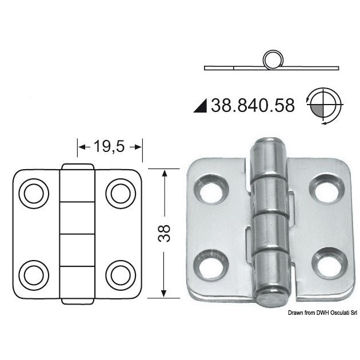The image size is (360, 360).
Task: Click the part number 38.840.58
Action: [253, 105]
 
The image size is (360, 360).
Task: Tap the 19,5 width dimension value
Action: [109, 147]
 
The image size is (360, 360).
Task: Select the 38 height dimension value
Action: [164, 233]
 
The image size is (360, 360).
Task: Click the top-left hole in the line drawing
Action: [31, 192]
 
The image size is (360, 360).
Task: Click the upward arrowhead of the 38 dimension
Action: [165, 174]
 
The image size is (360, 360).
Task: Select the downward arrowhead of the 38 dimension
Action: [165, 293]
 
